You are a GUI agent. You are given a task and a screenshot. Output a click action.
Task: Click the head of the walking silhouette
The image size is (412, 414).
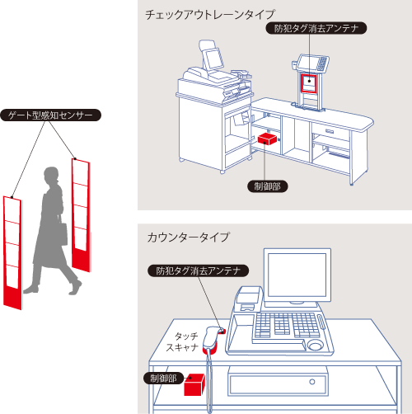coord(51,176)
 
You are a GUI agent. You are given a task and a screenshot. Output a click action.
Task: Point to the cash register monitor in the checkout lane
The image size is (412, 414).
coord(212,59)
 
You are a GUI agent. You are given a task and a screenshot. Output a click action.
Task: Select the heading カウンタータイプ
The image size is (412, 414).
coord(188,237)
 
